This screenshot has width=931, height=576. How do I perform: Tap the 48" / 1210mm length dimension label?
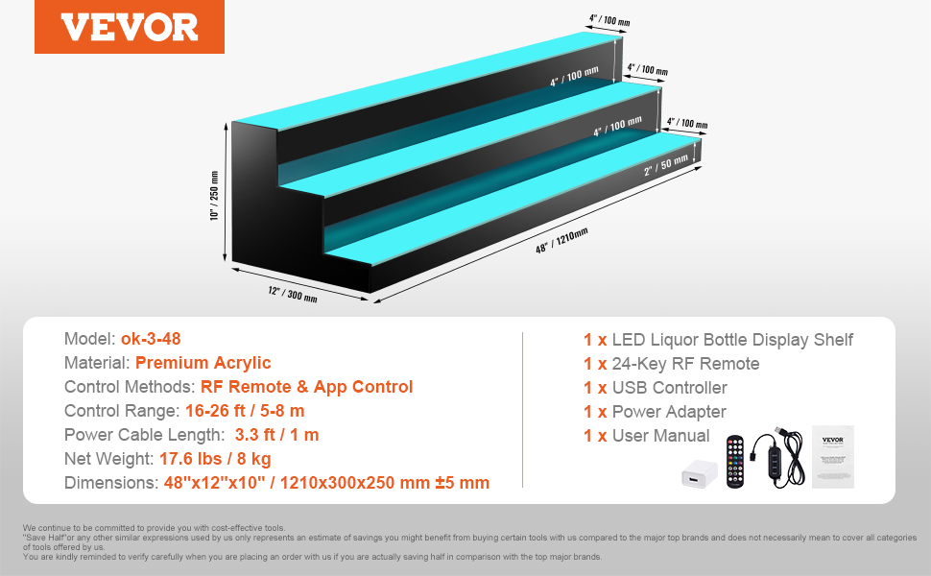click(561, 241)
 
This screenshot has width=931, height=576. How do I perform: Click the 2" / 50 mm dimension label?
click(666, 164)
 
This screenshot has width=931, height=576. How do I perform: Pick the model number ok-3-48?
click(151, 339)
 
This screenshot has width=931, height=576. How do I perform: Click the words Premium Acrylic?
click(203, 363)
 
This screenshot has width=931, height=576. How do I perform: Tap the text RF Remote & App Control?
click(306, 387)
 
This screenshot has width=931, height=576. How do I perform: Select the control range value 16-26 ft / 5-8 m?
click(245, 411)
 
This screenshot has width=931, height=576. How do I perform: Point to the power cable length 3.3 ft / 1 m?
click(276, 435)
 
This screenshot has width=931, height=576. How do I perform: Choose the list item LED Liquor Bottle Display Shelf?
click(733, 340)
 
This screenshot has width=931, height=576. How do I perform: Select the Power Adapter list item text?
click(670, 412)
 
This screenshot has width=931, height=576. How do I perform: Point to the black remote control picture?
click(737, 458)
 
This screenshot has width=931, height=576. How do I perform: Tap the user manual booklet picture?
click(832, 456)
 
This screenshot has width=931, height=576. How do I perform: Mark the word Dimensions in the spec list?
click(106, 483)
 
